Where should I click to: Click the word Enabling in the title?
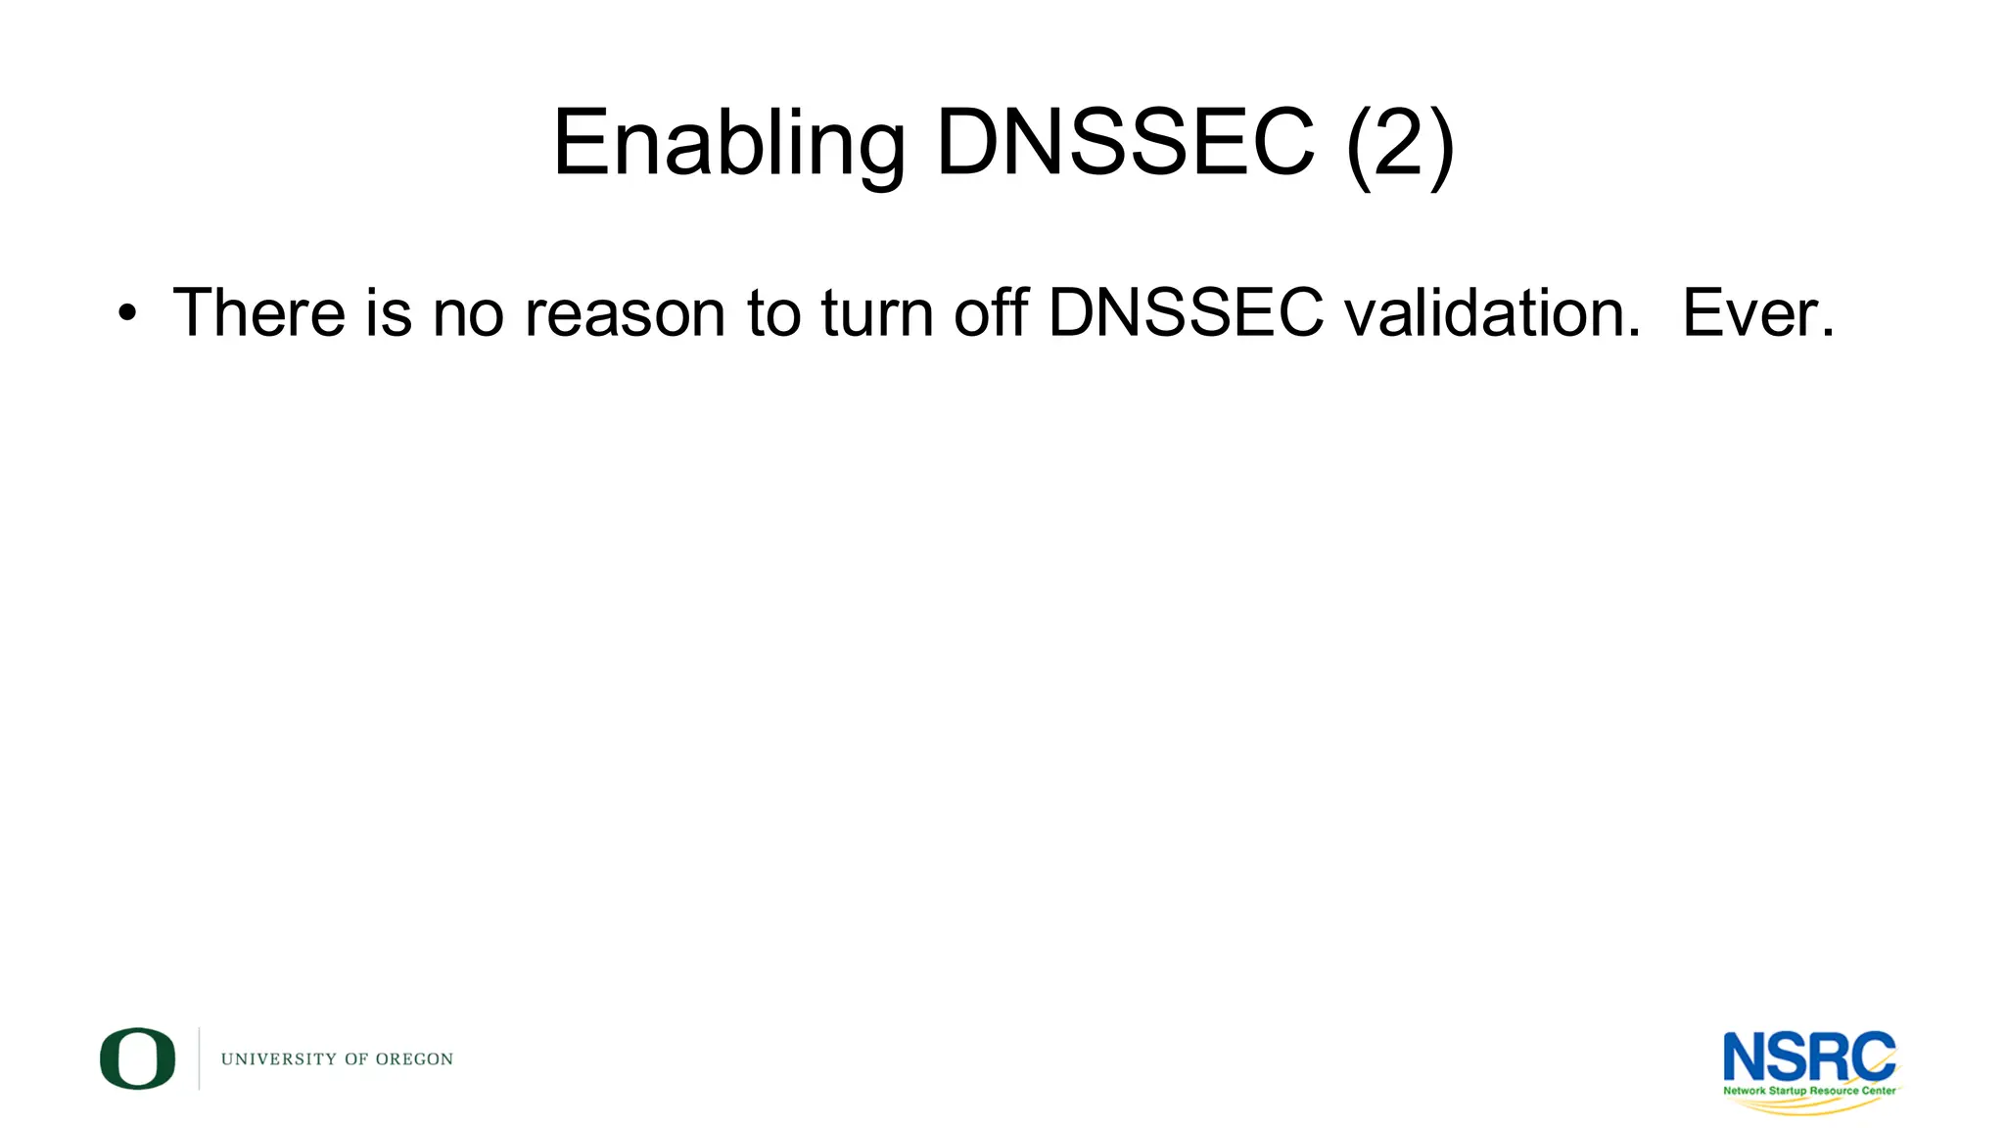(728, 145)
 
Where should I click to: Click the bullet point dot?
(126, 314)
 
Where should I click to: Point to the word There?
(258, 313)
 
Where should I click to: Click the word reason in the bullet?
(625, 314)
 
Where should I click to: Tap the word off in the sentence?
(991, 313)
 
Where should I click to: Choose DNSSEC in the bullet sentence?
(1186, 313)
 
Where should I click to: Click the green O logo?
(138, 1058)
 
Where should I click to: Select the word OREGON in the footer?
(414, 1059)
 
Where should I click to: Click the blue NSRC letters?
(1808, 1057)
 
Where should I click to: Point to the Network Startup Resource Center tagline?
(1809, 1090)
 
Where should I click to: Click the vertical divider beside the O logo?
(200, 1058)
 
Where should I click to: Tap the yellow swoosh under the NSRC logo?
(1811, 1105)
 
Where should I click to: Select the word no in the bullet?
(468, 314)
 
